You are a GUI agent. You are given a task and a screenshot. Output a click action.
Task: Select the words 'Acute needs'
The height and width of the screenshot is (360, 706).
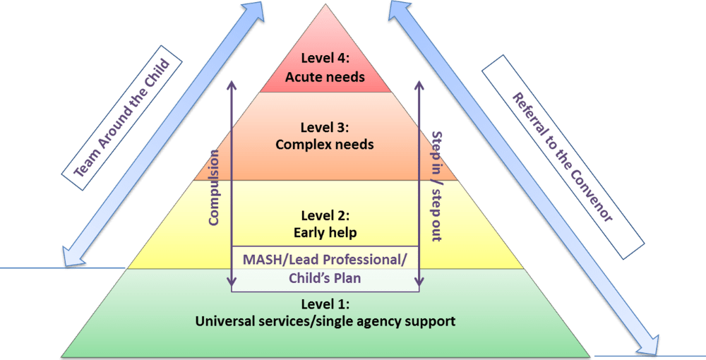coord(325,76)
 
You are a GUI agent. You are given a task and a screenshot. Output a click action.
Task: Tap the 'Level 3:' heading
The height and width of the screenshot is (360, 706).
coord(325,127)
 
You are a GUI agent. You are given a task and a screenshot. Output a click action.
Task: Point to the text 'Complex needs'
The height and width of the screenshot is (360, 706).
coord(325,145)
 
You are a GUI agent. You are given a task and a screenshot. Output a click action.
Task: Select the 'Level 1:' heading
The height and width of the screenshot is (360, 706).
coord(325,304)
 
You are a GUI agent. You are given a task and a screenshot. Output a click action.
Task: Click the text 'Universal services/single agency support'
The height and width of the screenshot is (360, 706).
coord(325,321)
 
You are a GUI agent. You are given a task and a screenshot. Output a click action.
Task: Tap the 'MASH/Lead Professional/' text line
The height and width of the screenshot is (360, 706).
coord(325,259)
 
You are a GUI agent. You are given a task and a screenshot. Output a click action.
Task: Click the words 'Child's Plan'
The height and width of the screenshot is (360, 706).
coord(325,278)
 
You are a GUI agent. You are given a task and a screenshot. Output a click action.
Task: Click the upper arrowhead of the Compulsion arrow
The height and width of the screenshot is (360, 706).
coord(231,82)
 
